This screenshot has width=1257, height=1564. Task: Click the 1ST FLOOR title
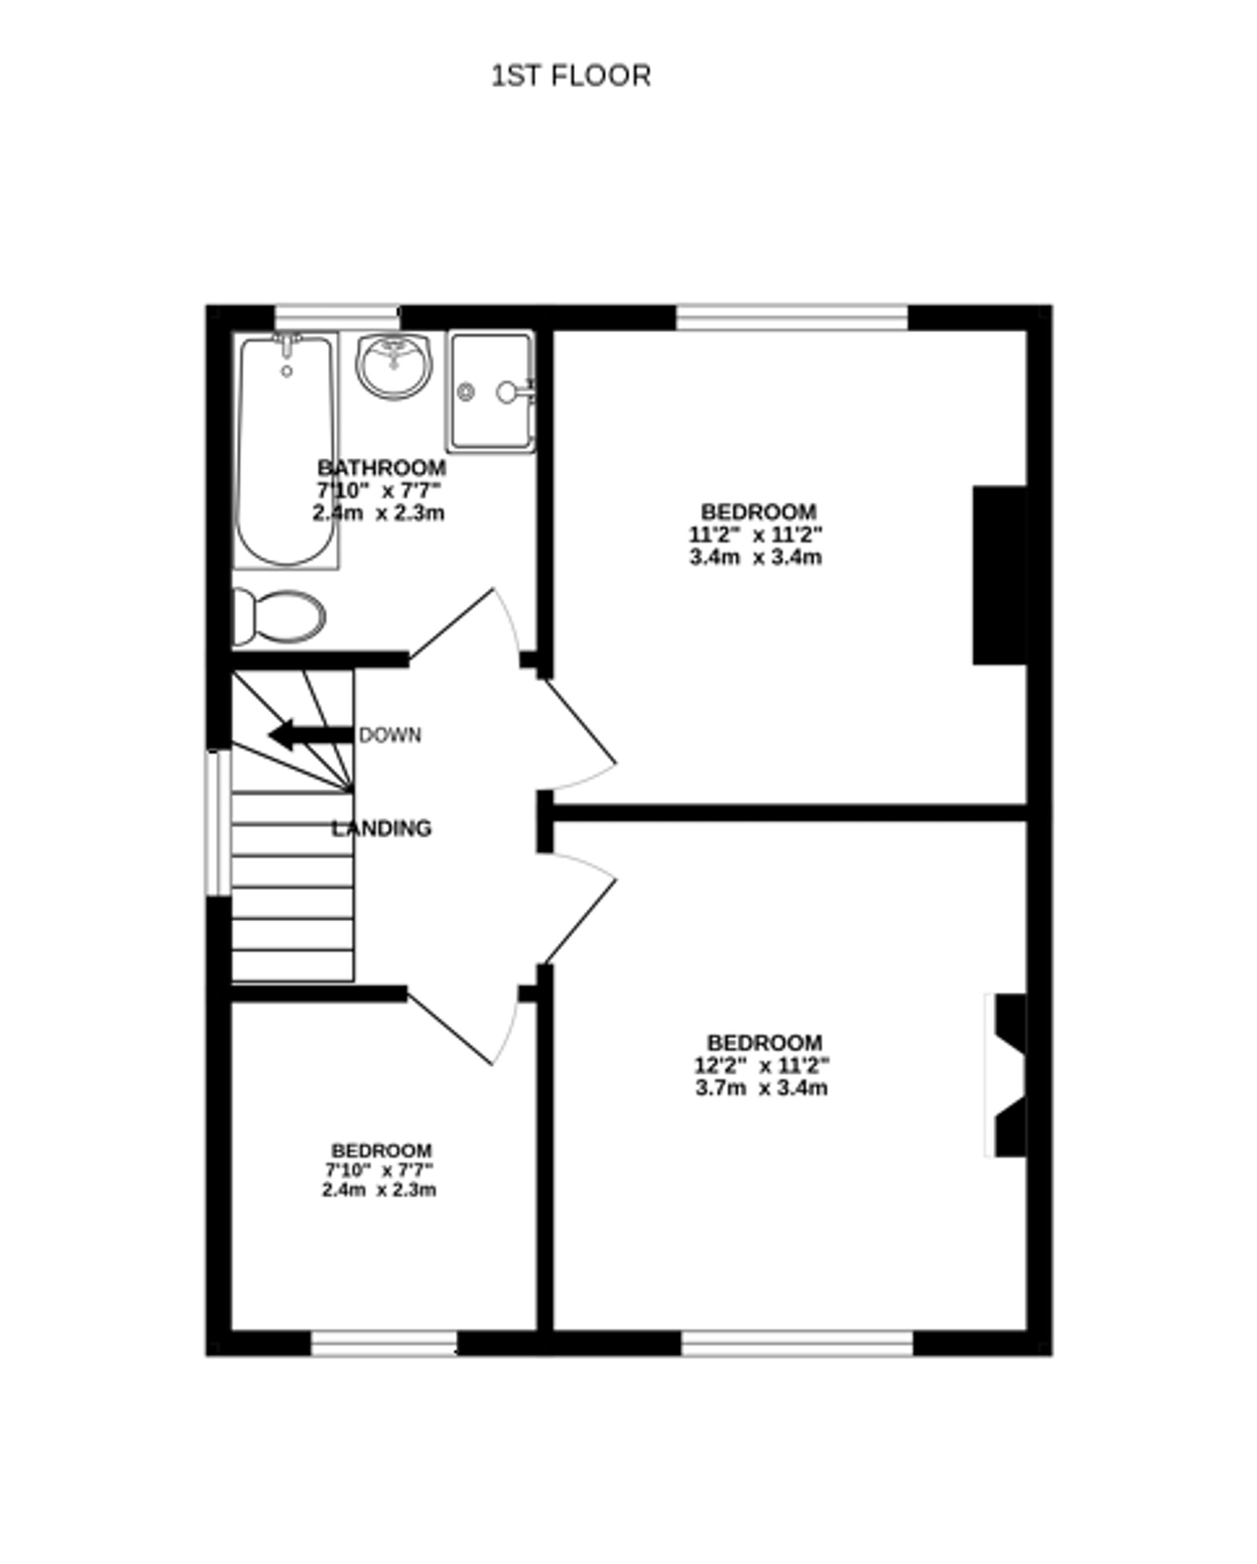click(x=571, y=76)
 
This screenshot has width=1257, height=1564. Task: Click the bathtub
click(x=287, y=450)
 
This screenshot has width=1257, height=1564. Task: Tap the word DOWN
click(x=390, y=736)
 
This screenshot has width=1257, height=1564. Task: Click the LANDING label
click(x=381, y=828)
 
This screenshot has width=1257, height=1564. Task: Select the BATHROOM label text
click(x=381, y=467)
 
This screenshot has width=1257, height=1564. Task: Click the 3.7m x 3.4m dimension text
click(x=761, y=1088)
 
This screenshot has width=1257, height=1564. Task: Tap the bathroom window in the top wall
click(x=337, y=318)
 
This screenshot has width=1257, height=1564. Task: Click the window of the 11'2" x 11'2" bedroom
click(x=792, y=318)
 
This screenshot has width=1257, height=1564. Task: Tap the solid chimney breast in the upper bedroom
click(x=999, y=575)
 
